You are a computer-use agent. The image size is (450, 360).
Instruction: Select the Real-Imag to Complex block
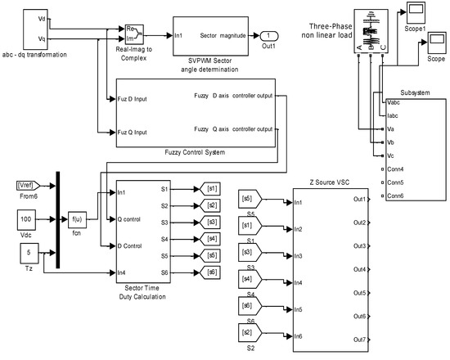tap(134, 34)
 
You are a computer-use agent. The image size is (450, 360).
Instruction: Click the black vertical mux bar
tap(59, 218)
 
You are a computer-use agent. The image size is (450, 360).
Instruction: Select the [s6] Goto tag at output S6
tap(212, 272)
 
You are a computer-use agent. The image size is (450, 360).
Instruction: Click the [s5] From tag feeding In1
tap(248, 198)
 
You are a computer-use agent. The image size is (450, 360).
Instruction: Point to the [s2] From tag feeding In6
tap(248, 335)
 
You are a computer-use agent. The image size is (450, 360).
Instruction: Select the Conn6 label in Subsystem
tap(397, 196)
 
